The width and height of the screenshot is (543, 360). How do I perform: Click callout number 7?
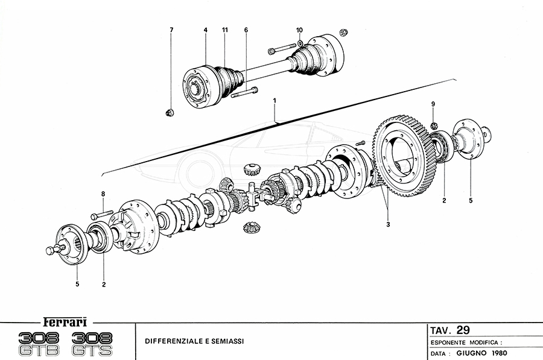[171, 30]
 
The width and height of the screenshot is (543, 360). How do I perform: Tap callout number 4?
[205, 30]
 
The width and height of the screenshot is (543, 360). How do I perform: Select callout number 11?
[224, 30]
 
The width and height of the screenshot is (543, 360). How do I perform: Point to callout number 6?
[246, 30]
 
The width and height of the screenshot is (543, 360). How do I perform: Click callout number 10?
[300, 30]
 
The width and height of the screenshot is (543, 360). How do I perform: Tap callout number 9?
[433, 105]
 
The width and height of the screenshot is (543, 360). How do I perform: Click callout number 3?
[389, 225]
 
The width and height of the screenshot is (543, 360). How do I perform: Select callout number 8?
[103, 194]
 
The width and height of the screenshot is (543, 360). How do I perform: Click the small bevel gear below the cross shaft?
[250, 228]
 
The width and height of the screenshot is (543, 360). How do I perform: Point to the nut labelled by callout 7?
[170, 112]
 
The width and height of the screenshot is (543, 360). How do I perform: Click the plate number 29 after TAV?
[463, 330]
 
